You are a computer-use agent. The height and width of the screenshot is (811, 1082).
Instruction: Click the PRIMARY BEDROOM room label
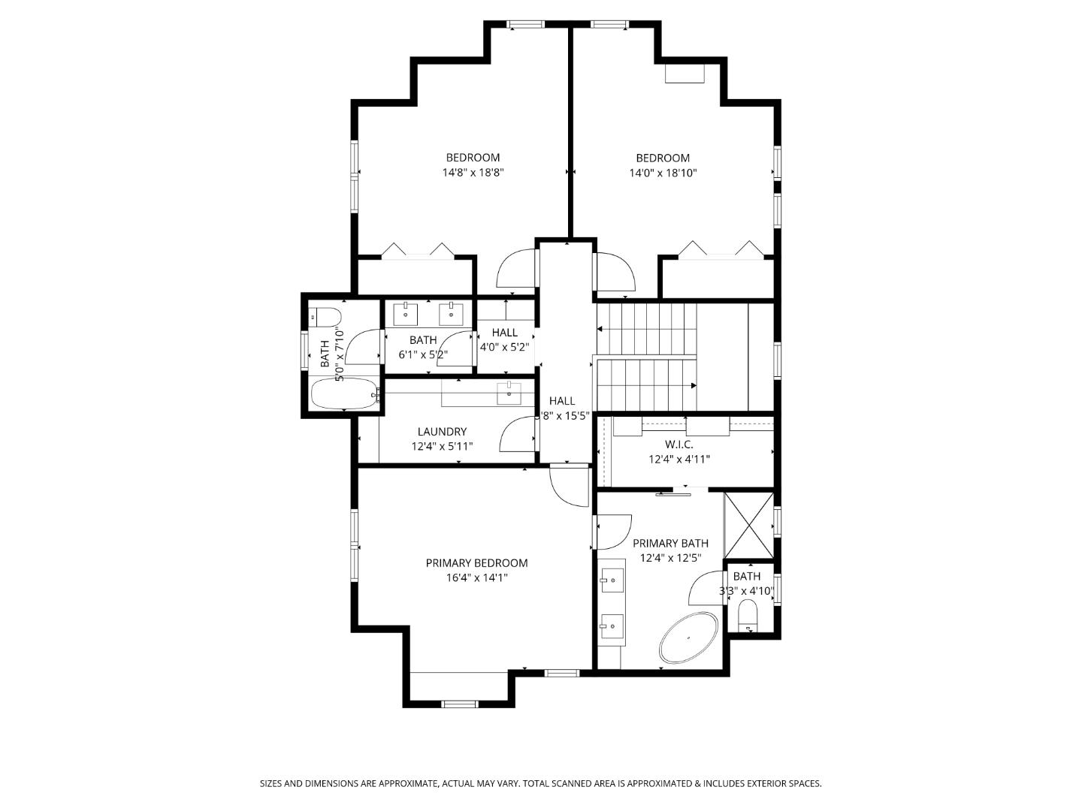click(x=476, y=563)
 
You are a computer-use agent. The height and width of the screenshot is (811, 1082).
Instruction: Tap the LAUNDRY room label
click(x=442, y=432)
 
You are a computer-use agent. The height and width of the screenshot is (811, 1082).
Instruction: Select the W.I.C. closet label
click(x=679, y=445)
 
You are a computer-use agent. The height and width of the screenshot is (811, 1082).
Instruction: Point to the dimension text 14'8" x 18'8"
click(x=473, y=173)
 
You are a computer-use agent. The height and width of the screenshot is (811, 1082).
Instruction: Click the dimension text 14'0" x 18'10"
click(x=663, y=173)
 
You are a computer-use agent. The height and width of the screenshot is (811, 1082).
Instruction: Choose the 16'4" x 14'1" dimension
click(x=476, y=578)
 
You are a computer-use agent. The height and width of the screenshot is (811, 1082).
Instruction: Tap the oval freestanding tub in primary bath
click(x=688, y=638)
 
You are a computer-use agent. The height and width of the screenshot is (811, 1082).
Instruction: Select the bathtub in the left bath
click(x=343, y=393)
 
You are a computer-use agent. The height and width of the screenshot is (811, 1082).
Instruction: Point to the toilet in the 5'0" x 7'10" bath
click(x=328, y=318)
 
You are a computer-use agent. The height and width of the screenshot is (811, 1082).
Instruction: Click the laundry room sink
click(x=509, y=390)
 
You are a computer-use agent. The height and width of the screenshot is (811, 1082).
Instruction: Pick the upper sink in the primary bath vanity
click(x=612, y=580)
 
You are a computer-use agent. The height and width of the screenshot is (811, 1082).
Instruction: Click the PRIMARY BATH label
click(x=670, y=544)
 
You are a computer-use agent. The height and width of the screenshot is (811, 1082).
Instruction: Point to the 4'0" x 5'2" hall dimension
click(x=504, y=348)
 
